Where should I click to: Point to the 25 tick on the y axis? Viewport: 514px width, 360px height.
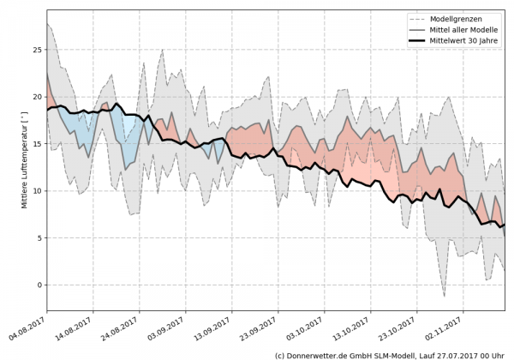coord(37,50)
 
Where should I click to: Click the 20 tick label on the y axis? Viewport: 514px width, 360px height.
coord(37,97)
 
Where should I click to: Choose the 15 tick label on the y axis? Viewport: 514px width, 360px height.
coord(37,144)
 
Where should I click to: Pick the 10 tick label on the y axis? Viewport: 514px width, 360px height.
coord(37,191)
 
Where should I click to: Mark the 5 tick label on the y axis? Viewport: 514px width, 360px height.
coord(39,237)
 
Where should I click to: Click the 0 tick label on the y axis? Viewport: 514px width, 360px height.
coord(39,285)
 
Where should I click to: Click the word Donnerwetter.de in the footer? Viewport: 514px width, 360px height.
coord(316,354)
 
